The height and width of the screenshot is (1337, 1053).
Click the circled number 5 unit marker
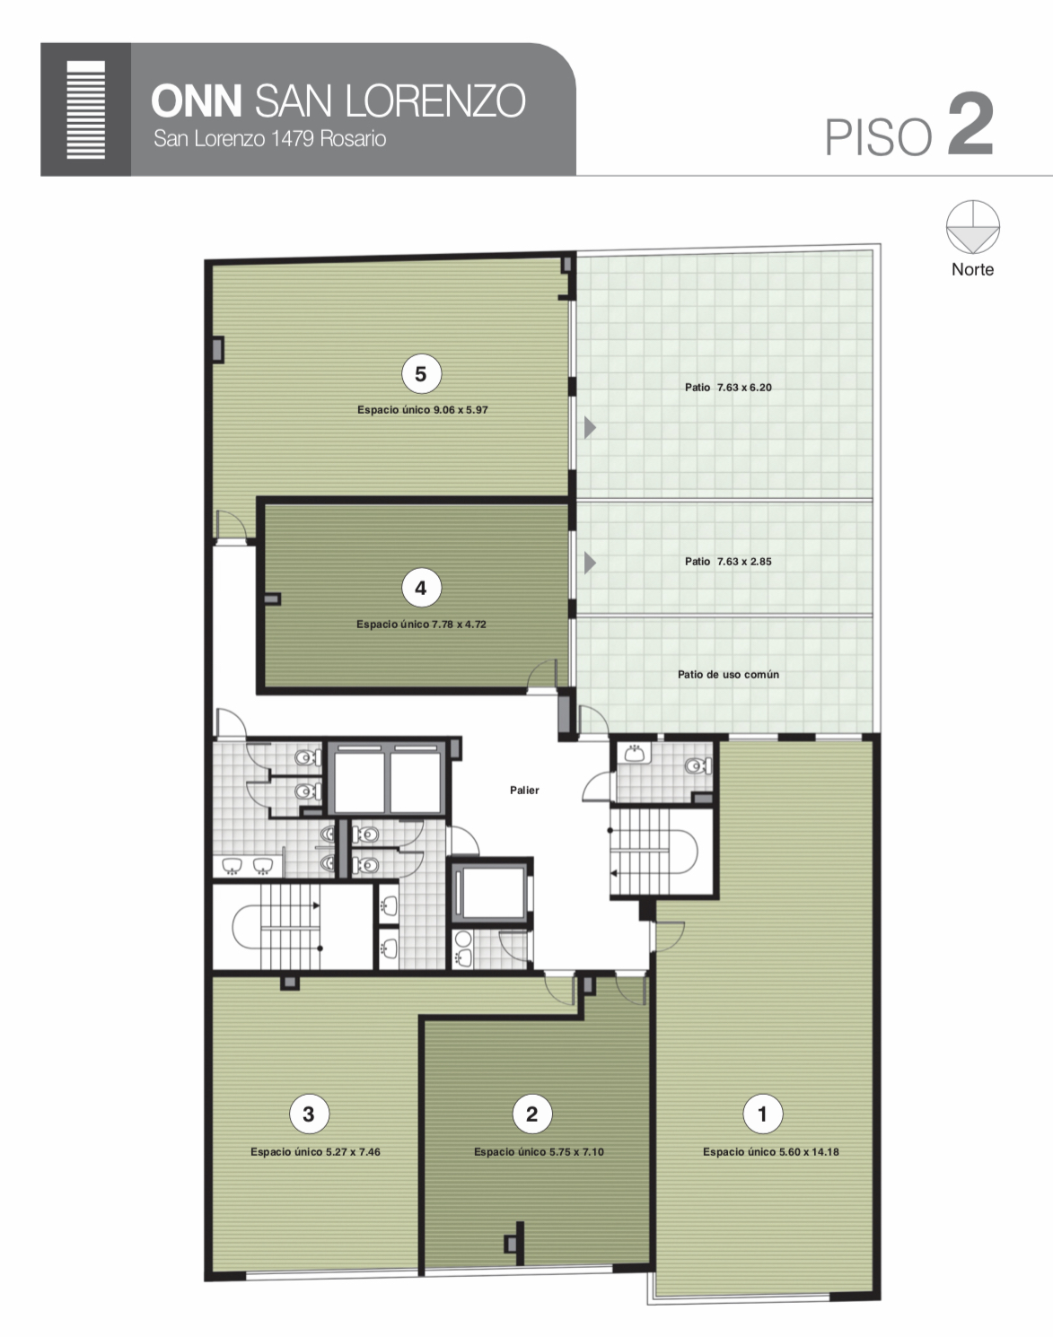(x=421, y=374)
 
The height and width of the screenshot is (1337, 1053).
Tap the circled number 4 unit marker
(x=421, y=588)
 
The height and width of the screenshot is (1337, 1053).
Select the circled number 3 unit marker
(x=309, y=1114)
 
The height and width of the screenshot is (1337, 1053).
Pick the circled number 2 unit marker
(x=531, y=1114)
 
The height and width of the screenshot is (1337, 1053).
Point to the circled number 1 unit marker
(x=763, y=1114)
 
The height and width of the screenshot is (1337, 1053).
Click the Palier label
(x=524, y=791)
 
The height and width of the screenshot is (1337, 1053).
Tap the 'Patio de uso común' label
(x=728, y=675)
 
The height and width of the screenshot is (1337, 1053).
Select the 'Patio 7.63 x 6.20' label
(x=728, y=387)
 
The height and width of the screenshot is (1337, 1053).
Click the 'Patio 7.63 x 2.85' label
(x=728, y=562)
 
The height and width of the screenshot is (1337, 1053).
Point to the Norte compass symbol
(x=973, y=227)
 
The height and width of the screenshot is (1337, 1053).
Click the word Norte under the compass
(x=973, y=269)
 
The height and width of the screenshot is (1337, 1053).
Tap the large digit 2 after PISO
(x=970, y=124)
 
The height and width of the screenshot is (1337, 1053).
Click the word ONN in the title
(x=197, y=100)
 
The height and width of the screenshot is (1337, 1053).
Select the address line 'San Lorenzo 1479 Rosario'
(x=270, y=138)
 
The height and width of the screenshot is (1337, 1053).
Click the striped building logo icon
(x=86, y=109)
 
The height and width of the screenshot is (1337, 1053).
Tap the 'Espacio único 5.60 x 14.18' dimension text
(x=771, y=1152)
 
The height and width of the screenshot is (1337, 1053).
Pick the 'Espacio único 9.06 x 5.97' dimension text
(x=422, y=410)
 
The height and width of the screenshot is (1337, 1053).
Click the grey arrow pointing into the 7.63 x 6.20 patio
(x=590, y=427)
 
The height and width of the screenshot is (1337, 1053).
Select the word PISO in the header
(x=878, y=136)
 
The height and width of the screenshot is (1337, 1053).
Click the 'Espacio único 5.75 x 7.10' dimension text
(x=539, y=1152)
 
